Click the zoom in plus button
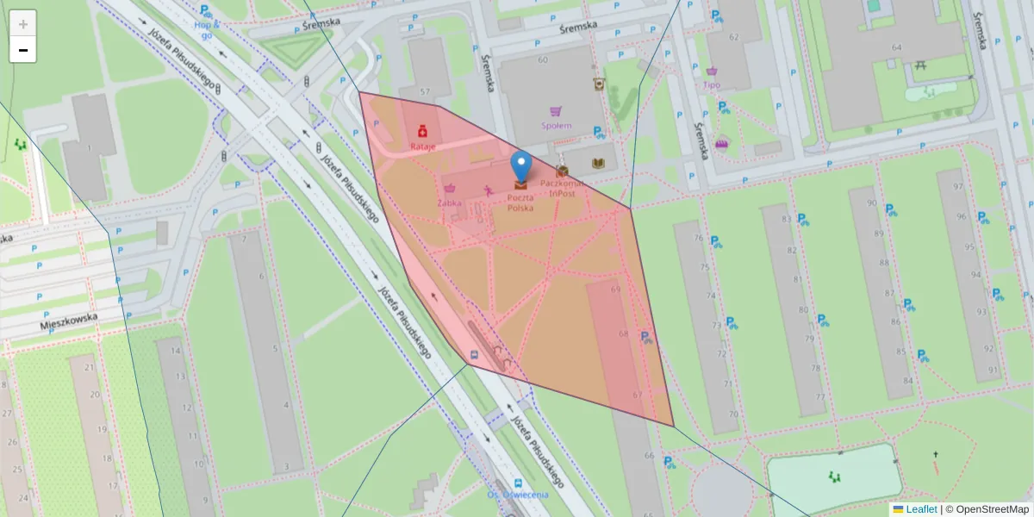[23, 23]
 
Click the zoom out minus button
[23, 50]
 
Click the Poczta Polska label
[520, 203]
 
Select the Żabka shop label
[449, 202]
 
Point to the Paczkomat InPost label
[562, 188]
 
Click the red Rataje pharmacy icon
[423, 132]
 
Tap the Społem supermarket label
[556, 125]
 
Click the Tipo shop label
[712, 84]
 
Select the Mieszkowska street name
[69, 321]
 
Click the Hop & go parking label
[207, 30]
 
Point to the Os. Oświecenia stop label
[517, 494]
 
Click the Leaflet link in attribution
[921, 509]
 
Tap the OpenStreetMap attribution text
[987, 509]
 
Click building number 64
[896, 47]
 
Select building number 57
[425, 91]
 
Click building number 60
[542, 59]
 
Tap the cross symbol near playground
[934, 454]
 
